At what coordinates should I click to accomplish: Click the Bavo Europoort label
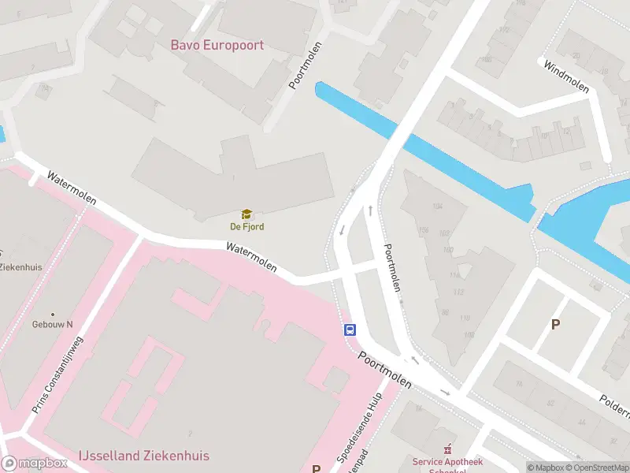tap(217, 45)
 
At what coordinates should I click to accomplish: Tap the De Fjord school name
tap(246, 227)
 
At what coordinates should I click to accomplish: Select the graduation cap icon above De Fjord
tap(246, 214)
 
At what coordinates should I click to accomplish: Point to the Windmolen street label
tap(566, 76)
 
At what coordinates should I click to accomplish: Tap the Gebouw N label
tap(52, 324)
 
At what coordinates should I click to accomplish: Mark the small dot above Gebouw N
tap(53, 314)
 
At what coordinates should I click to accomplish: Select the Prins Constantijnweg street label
tap(57, 374)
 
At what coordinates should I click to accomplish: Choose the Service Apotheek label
tap(447, 462)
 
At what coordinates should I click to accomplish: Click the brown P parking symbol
tap(555, 324)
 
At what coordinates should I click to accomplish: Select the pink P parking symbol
tap(316, 468)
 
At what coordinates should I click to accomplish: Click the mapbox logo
tap(35, 464)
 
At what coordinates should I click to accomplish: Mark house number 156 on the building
tap(424, 230)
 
